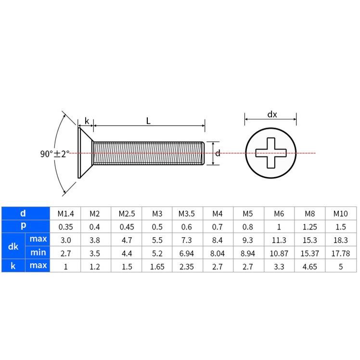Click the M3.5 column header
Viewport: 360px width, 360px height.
point(187,213)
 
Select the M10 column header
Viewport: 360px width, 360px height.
point(341,213)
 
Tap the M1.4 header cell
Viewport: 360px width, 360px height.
point(65,213)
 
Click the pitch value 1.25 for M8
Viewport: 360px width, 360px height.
point(310,226)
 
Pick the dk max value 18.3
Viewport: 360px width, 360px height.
point(341,239)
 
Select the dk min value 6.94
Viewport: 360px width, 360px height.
point(187,253)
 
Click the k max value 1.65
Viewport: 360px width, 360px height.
point(156,266)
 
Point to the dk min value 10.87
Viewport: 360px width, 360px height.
point(279,253)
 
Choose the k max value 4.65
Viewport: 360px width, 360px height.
point(310,266)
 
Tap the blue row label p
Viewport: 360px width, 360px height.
point(23,226)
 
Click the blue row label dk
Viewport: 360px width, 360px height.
point(13,246)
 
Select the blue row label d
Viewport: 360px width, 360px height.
point(23,213)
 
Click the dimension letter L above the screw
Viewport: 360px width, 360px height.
point(149,121)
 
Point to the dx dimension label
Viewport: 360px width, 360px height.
point(272,115)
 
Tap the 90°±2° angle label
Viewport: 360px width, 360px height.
point(54,154)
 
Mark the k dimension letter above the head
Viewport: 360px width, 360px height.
point(87,121)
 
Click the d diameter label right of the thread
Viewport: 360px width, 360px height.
point(218,154)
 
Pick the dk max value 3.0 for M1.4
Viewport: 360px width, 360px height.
point(65,239)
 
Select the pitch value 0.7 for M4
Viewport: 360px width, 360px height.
point(218,226)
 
